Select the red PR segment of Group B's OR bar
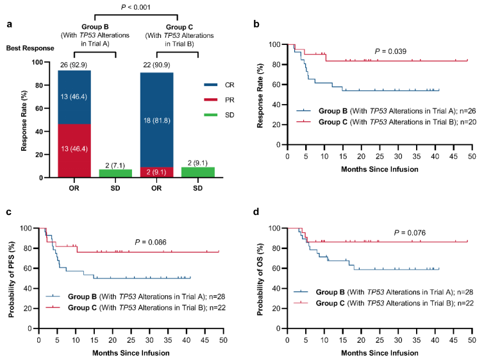[74, 137]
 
